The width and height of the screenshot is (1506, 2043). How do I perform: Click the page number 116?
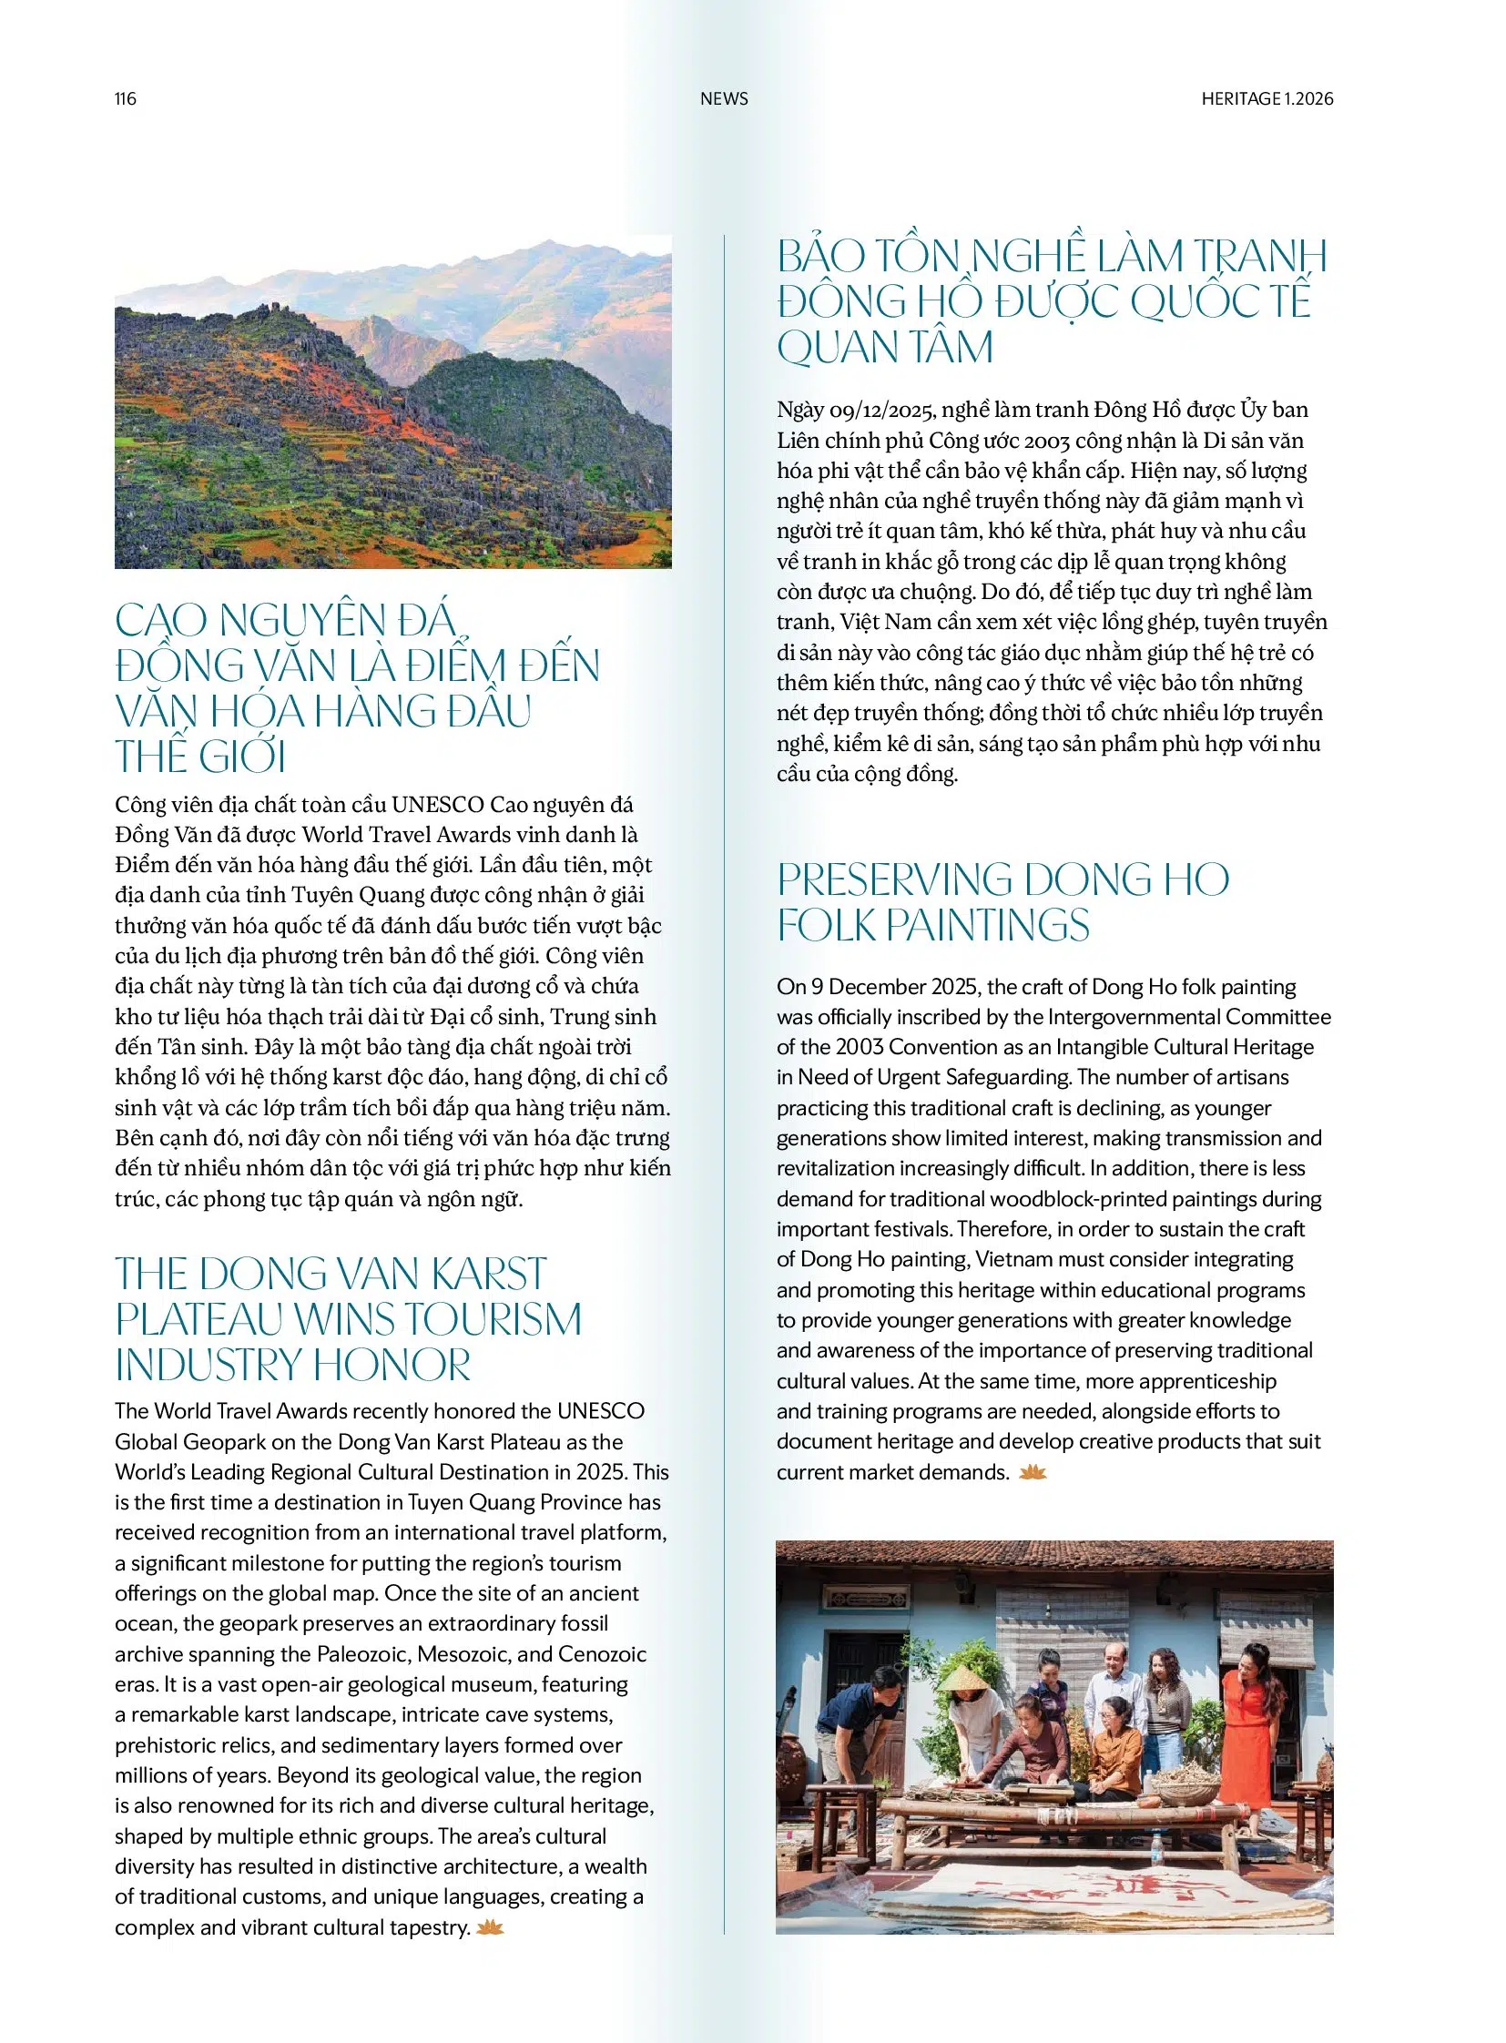[126, 98]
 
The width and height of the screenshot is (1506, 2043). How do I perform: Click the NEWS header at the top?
[724, 98]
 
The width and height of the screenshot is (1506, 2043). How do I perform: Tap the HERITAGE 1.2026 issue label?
[1267, 98]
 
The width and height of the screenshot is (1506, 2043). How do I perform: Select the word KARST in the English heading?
[489, 1274]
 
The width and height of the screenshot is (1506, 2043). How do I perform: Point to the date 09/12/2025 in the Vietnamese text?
[880, 410]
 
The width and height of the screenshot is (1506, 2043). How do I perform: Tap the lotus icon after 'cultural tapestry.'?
[490, 1926]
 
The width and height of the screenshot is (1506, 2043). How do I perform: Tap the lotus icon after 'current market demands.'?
[1032, 1471]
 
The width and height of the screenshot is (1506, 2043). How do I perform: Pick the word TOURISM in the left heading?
[494, 1319]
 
